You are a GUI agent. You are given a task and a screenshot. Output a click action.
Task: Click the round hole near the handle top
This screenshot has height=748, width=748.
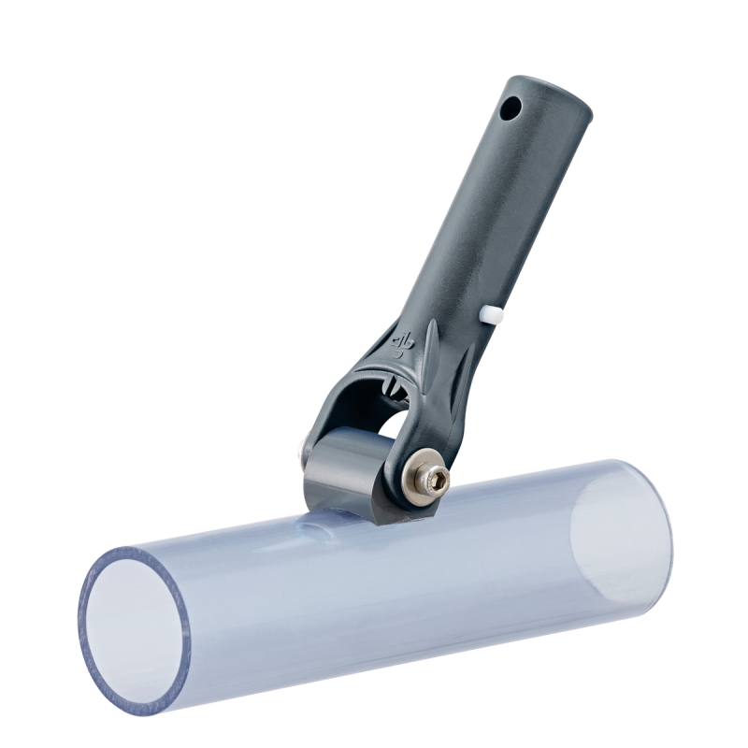tap(510, 109)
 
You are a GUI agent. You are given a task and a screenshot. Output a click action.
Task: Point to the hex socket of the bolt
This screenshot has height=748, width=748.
tap(437, 481)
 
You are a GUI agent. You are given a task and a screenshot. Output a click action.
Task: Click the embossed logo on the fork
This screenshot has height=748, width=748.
tap(404, 344)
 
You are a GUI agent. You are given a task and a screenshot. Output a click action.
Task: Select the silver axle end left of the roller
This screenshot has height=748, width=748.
tap(301, 453)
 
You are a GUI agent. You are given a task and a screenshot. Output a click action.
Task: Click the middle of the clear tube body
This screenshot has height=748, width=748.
tap(374, 580)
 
